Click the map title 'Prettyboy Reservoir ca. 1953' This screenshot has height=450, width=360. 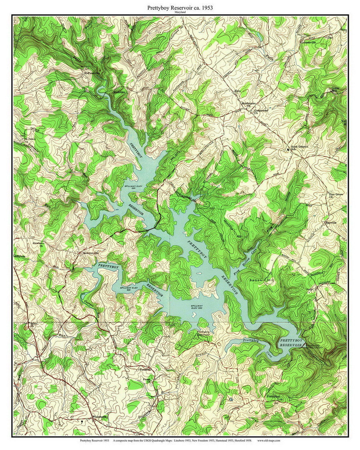coord(180,7)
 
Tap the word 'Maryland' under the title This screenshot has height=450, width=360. coord(180,13)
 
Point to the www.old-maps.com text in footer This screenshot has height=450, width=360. coord(268,440)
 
